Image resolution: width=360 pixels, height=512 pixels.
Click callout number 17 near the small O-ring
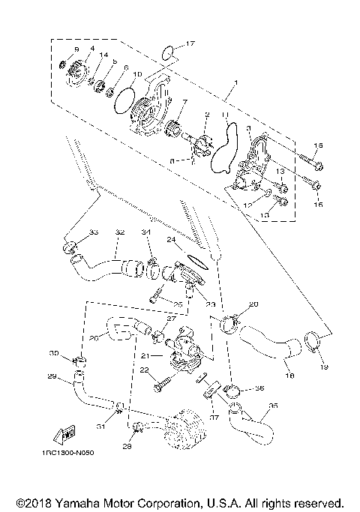click(x=190, y=43)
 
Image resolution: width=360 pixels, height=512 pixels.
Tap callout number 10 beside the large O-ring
click(x=137, y=74)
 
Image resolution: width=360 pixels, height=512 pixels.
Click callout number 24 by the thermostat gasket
click(x=170, y=241)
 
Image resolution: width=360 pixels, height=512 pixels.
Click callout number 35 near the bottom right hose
click(x=273, y=405)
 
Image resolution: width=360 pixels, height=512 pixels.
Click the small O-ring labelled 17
click(x=170, y=52)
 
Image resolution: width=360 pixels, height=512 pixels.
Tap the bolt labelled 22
click(x=161, y=388)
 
